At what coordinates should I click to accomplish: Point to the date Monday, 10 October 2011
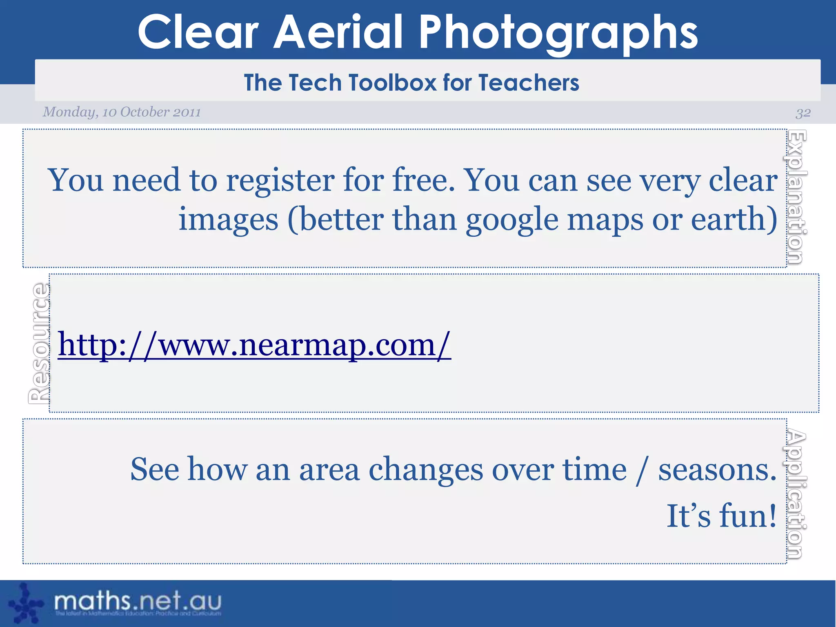click(122, 112)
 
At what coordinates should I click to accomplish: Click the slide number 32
click(803, 113)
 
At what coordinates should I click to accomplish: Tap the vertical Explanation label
click(797, 197)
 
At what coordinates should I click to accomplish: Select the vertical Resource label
click(39, 343)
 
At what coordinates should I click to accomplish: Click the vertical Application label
click(797, 494)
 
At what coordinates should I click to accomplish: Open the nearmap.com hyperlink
click(254, 345)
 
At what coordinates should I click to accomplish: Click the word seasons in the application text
click(717, 469)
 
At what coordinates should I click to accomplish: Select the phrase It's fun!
click(721, 516)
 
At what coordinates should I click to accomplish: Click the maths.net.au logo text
click(138, 601)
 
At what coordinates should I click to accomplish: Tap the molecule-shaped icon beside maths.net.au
click(25, 603)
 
